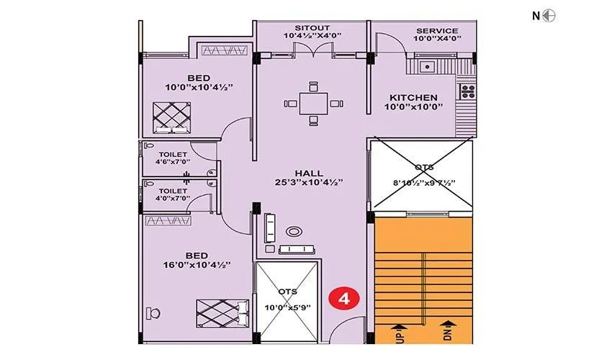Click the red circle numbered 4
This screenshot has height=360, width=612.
point(344,299)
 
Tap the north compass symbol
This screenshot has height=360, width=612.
point(549,16)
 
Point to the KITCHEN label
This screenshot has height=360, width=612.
point(413,97)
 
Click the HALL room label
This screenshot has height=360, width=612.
point(309,173)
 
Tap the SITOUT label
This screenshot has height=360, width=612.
point(312,28)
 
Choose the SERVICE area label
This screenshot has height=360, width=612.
point(437,30)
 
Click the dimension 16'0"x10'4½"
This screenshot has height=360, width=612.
point(197,265)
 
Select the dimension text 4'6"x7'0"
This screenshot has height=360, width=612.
point(173,161)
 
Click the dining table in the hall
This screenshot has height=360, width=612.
point(313,104)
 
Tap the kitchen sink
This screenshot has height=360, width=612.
point(428,67)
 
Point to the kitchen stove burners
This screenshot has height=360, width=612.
point(467,91)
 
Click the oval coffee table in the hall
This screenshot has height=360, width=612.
point(294,232)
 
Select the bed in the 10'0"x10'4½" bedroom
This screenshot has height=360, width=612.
point(172,118)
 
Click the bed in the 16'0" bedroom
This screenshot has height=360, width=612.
point(222,313)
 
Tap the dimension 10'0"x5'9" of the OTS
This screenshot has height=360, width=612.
point(288,307)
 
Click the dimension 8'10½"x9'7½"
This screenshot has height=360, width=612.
point(424,183)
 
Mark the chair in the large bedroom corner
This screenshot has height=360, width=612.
point(153,313)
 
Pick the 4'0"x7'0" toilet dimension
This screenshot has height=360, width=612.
point(173,198)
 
